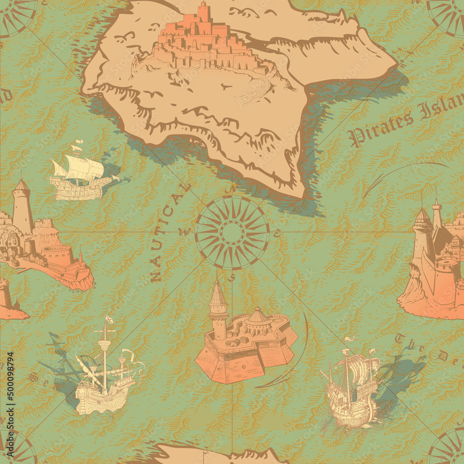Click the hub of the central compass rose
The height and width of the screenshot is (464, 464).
pyautogui.click(x=232, y=232)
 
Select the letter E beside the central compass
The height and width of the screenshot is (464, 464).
pyautogui.click(x=277, y=234)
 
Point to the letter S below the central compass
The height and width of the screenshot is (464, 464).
pyautogui.click(x=232, y=277)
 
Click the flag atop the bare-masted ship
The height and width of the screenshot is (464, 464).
pyautogui.click(x=109, y=320)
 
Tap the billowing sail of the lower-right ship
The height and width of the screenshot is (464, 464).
pyautogui.click(x=364, y=371)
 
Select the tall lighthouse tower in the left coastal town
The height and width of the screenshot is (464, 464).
pyautogui.click(x=22, y=206)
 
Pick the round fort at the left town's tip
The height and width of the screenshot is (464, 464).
pyautogui.click(x=57, y=255)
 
